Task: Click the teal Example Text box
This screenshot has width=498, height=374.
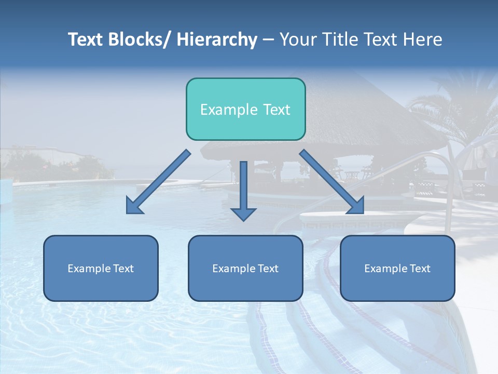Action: point(245,109)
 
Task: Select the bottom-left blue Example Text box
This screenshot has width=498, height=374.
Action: point(101,268)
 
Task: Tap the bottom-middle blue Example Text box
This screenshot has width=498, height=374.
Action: point(245,268)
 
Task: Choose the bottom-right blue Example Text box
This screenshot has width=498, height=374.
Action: point(397,268)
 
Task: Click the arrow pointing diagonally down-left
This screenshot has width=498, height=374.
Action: point(159,182)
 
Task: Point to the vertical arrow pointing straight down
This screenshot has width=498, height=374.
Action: point(243,190)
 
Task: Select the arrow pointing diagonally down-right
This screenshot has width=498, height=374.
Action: point(331,181)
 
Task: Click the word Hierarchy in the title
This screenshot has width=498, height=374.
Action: point(217,39)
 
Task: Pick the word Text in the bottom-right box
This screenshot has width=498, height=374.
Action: point(419,268)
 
